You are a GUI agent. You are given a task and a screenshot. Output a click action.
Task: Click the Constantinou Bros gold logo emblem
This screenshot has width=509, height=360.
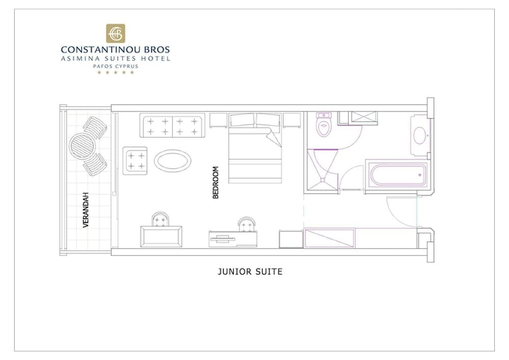click(x=114, y=34)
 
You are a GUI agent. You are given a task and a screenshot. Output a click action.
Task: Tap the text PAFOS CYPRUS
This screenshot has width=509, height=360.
click(x=114, y=66)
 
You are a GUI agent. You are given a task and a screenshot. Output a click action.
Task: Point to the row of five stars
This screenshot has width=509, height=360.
click(x=114, y=73)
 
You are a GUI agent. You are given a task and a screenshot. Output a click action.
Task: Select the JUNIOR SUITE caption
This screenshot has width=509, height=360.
click(x=249, y=273)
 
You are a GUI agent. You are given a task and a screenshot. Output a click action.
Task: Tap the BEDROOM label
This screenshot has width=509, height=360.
click(x=216, y=183)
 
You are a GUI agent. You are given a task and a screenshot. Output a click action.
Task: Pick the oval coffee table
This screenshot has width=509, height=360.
click(x=171, y=161)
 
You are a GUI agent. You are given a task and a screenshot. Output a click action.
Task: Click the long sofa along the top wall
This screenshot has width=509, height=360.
click(x=173, y=126)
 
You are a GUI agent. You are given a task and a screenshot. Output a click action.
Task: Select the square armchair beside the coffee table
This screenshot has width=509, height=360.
click(x=136, y=160)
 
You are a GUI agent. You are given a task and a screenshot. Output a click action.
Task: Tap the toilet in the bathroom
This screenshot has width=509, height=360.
click(x=323, y=127)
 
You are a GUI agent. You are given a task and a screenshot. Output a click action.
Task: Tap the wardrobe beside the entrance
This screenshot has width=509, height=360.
click(x=332, y=238)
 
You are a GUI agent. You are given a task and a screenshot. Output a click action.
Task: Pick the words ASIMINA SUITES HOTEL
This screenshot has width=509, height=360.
click(x=114, y=58)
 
